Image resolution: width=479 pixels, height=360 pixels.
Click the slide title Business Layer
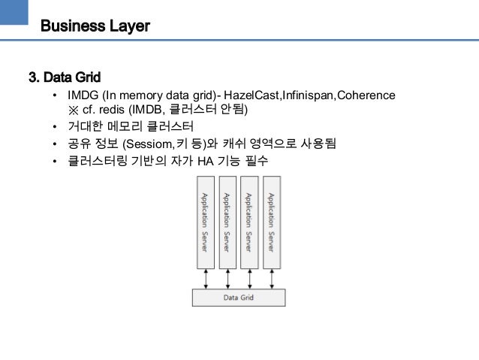coord(95,26)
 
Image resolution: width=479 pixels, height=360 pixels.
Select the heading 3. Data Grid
coord(65,77)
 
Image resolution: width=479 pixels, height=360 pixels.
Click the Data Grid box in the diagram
coord(239,298)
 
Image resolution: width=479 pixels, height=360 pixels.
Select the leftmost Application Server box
coord(204,222)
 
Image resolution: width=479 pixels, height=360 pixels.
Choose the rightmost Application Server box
coord(272,222)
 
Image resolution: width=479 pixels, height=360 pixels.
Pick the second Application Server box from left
coord(227,222)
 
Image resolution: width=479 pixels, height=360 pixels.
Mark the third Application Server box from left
coord(249,222)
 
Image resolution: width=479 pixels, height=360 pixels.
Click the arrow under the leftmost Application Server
coord(204,279)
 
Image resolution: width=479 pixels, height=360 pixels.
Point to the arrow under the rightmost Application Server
coord(272,279)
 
